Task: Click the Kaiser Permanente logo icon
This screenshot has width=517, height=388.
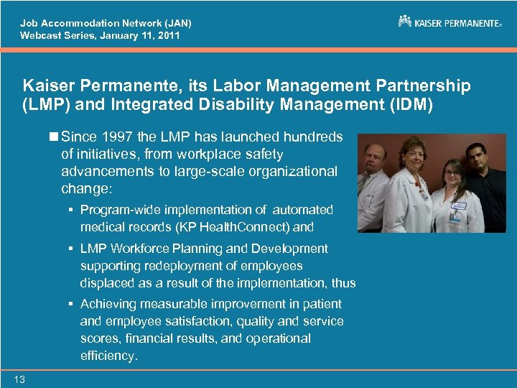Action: click(405, 22)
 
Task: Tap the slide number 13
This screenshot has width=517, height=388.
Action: click(19, 379)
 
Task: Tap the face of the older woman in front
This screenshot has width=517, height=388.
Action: click(416, 153)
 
